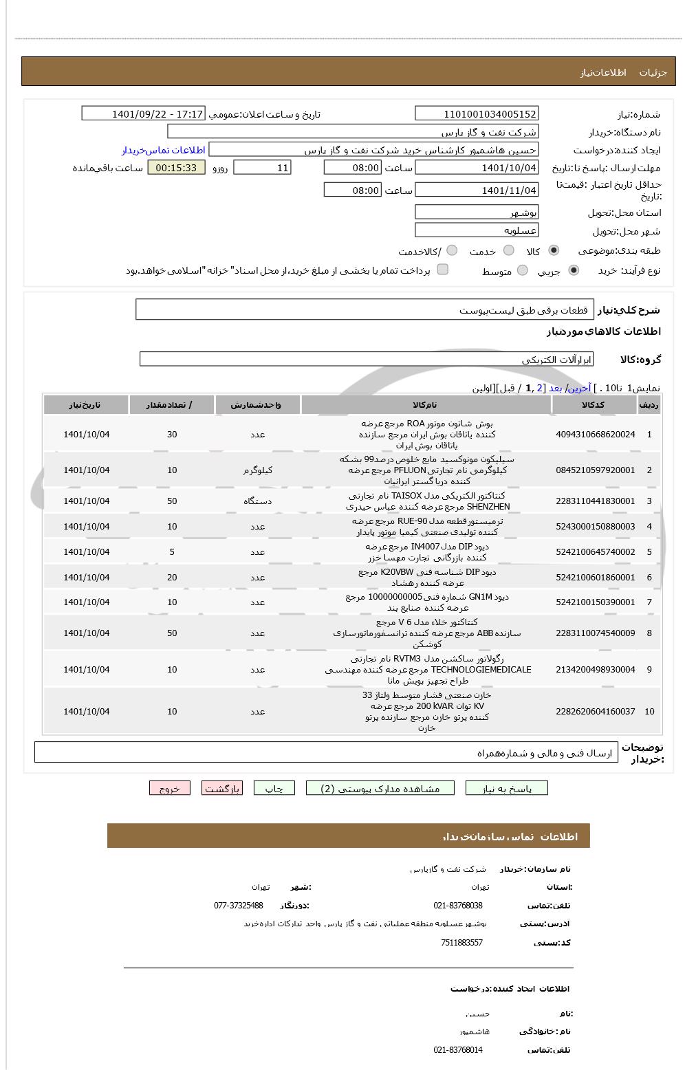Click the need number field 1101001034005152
point(477,114)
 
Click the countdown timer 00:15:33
point(176,168)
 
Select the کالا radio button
point(554,250)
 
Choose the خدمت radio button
point(509,250)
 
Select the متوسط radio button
point(522,270)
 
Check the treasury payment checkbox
point(443,270)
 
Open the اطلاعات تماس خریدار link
point(164,150)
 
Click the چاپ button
point(274,789)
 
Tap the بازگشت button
point(222,789)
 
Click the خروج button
point(170,789)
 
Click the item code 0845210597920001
point(595,470)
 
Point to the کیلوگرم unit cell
point(257,470)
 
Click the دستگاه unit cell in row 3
point(257,501)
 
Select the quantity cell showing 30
point(172,435)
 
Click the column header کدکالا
point(593,405)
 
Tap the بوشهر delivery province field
point(477,212)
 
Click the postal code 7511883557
point(461,943)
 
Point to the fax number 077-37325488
point(239,906)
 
